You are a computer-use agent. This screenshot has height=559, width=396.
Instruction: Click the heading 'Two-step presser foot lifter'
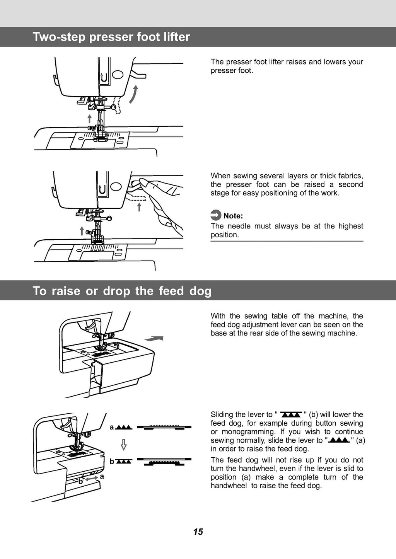[111, 37]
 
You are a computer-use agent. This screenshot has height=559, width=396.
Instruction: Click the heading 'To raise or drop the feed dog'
[122, 291]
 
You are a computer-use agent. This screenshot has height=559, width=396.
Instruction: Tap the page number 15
[198, 532]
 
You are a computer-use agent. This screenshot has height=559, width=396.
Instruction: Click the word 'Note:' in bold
[233, 216]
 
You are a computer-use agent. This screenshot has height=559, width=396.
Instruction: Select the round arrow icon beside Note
[216, 215]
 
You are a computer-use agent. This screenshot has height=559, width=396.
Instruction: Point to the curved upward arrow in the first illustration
[133, 95]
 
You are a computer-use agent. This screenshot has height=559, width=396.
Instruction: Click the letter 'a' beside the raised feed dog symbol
[112, 427]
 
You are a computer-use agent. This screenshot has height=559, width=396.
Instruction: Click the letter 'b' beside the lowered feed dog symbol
[112, 462]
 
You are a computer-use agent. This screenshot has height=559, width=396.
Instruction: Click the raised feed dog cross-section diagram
[165, 427]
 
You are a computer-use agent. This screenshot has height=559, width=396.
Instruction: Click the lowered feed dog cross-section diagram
[165, 461]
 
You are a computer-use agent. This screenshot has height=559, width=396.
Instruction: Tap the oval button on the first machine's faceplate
[118, 75]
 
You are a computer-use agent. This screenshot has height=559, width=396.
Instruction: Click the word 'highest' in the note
[350, 226]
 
